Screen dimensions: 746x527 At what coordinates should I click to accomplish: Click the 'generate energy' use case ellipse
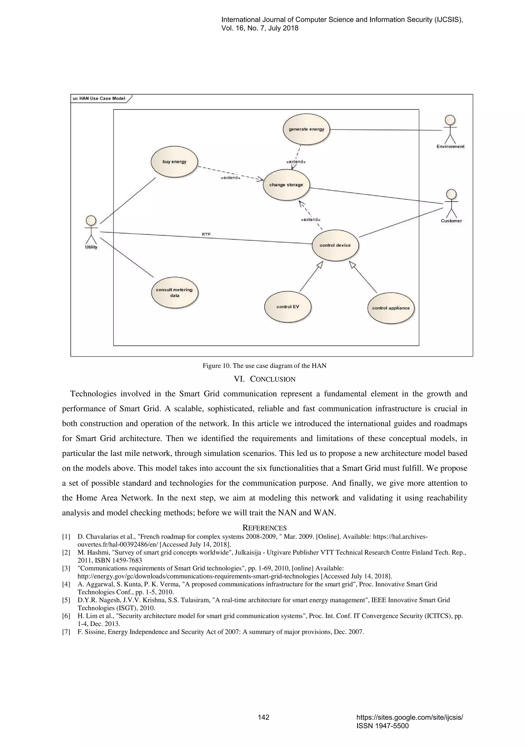pos(306,129)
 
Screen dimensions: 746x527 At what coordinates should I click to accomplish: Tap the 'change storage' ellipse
pos(286,185)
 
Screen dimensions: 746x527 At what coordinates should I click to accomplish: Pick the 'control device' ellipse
pos(335,245)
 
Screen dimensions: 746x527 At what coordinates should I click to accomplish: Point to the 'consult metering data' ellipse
pos(174,292)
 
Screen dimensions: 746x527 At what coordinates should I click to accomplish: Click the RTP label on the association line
pos(206,234)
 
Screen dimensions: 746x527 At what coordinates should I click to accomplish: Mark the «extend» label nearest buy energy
pos(230,178)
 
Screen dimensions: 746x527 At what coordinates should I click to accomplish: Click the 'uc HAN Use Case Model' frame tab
pos(99,98)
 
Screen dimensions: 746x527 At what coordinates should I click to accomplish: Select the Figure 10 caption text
pos(264,366)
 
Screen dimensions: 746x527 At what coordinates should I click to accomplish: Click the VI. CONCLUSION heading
pos(264,379)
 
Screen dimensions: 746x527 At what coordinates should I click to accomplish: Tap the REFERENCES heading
pos(264,528)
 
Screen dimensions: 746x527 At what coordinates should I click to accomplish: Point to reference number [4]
pos(66,584)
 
